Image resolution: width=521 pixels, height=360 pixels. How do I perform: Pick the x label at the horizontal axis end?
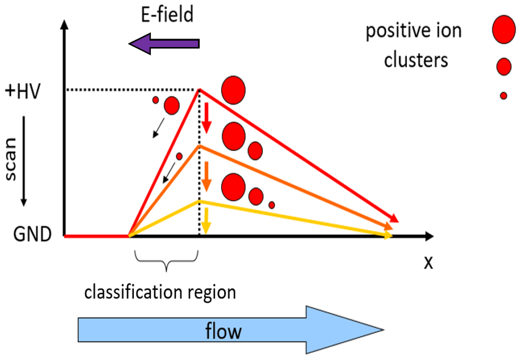429,262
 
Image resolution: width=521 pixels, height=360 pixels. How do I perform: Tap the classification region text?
160,292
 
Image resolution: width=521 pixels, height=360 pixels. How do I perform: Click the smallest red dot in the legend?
503,96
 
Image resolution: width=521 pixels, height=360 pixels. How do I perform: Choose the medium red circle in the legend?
503,66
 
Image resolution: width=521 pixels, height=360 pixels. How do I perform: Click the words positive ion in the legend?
413,31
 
